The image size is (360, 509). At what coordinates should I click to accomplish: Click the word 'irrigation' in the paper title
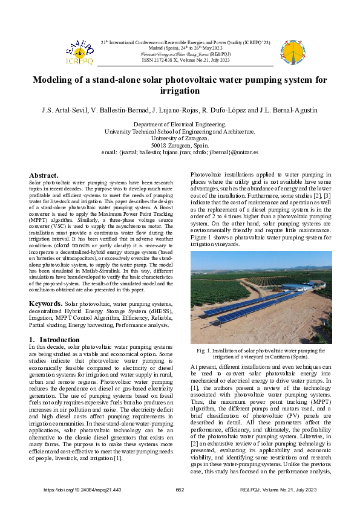point(179,91)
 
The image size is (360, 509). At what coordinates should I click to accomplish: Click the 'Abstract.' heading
point(44,175)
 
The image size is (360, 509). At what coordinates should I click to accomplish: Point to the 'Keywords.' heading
point(46,303)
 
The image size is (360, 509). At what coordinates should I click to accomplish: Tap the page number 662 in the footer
point(179,489)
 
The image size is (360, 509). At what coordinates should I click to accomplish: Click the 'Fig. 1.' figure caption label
point(203,349)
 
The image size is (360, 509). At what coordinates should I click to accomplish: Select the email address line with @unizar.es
point(180,153)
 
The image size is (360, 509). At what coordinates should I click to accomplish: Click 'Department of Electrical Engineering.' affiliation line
point(180,124)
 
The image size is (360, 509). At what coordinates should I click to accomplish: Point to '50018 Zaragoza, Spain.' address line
point(180,146)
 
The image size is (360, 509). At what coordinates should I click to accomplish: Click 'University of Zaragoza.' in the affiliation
point(180,138)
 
